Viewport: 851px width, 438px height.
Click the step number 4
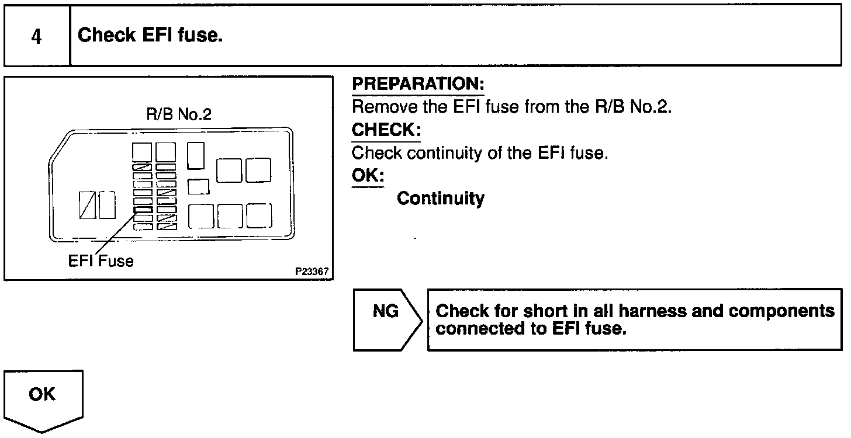36,37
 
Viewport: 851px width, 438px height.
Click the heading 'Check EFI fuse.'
150,36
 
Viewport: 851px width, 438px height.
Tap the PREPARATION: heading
418,85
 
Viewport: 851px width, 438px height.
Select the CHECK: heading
386,130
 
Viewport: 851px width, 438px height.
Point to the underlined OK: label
368,175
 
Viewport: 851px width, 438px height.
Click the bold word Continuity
440,199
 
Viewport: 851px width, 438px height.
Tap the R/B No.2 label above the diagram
178,114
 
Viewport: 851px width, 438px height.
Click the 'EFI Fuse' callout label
101,260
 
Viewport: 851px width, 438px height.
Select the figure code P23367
312,272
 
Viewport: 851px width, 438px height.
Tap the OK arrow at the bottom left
42,397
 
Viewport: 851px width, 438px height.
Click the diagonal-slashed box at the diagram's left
88,205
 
